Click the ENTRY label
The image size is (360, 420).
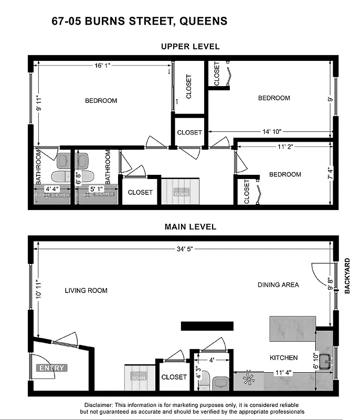tap(51, 368)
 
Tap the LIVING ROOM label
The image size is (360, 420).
tap(86, 290)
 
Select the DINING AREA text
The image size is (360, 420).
tap(278, 285)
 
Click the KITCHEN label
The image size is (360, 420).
tap(283, 358)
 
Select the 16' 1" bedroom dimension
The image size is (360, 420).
tap(102, 66)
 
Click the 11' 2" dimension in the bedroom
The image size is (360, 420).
tap(284, 148)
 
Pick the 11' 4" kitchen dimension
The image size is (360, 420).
tap(283, 374)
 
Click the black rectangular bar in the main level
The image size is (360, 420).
tap(207, 326)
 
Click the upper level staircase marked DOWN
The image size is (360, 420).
tap(181, 192)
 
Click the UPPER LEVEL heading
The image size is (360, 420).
tap(190, 47)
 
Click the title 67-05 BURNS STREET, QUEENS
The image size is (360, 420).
tap(140, 22)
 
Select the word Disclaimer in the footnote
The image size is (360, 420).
tap(98, 405)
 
